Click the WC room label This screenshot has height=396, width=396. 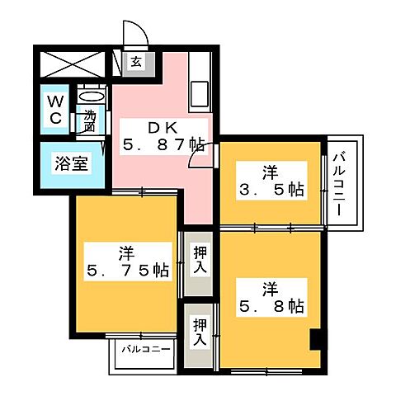point(54,110)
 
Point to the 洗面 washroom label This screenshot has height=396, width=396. point(90,121)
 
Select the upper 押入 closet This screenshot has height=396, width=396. point(200,261)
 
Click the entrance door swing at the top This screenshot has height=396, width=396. point(135,35)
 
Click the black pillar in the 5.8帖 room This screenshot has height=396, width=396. point(314,339)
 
